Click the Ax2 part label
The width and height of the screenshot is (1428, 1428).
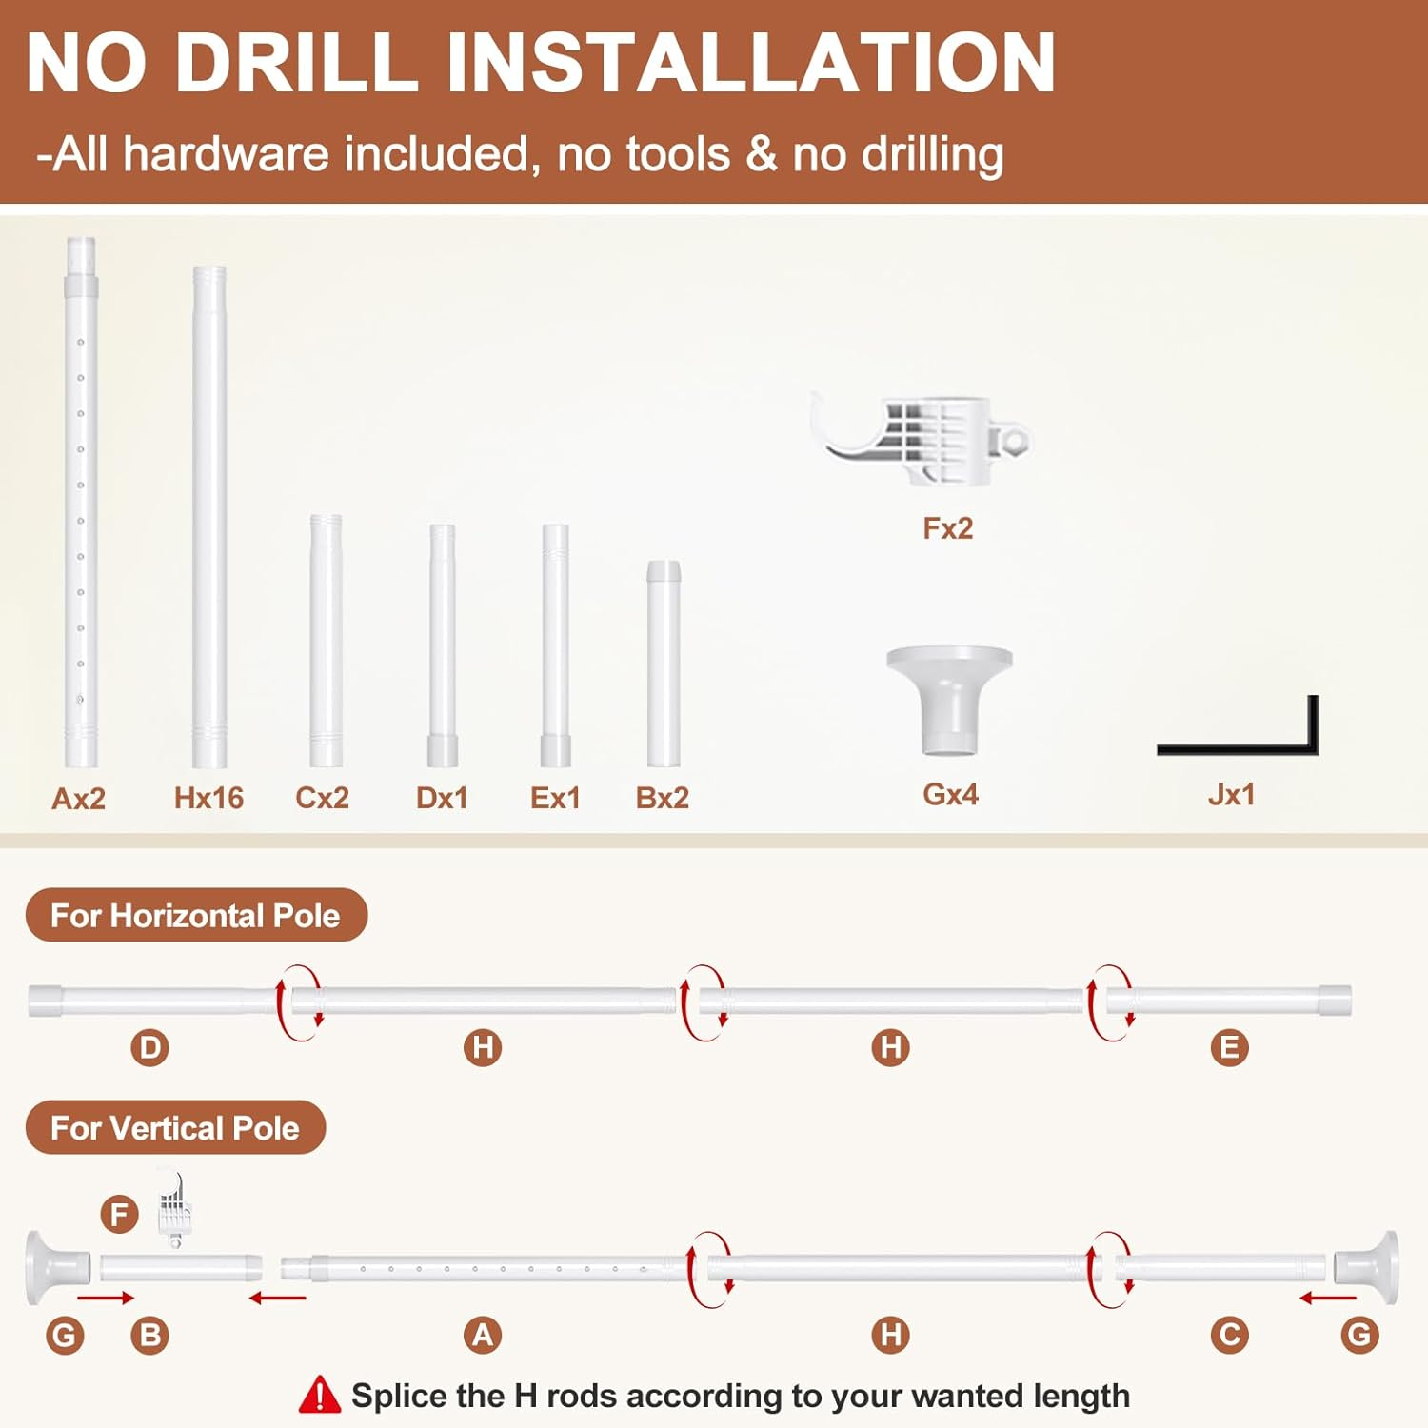78,798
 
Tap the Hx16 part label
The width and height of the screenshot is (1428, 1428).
208,798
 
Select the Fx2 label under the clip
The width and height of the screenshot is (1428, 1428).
948,528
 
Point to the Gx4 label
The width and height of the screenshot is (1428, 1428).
950,794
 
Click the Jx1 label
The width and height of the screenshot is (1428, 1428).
1231,794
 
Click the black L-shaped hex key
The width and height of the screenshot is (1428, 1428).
1238,748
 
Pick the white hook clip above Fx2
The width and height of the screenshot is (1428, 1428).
921,439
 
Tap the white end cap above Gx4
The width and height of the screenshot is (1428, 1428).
949,702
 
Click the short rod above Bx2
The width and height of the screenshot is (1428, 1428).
664,664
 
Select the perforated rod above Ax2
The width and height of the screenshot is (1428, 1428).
81,502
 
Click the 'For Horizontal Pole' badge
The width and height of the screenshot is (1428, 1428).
196,915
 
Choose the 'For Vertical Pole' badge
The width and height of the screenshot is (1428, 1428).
175,1128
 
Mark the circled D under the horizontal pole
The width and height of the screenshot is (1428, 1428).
149,1048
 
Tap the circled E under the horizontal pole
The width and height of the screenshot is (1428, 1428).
1229,1048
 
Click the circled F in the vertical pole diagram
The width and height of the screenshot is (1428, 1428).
120,1215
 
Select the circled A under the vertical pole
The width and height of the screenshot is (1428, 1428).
483,1335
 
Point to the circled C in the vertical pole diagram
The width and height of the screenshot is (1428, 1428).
1229,1335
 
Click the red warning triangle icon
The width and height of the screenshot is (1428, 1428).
320,1396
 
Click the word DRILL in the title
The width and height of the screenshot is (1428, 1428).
297,63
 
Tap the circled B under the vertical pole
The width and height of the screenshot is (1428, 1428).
149,1335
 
